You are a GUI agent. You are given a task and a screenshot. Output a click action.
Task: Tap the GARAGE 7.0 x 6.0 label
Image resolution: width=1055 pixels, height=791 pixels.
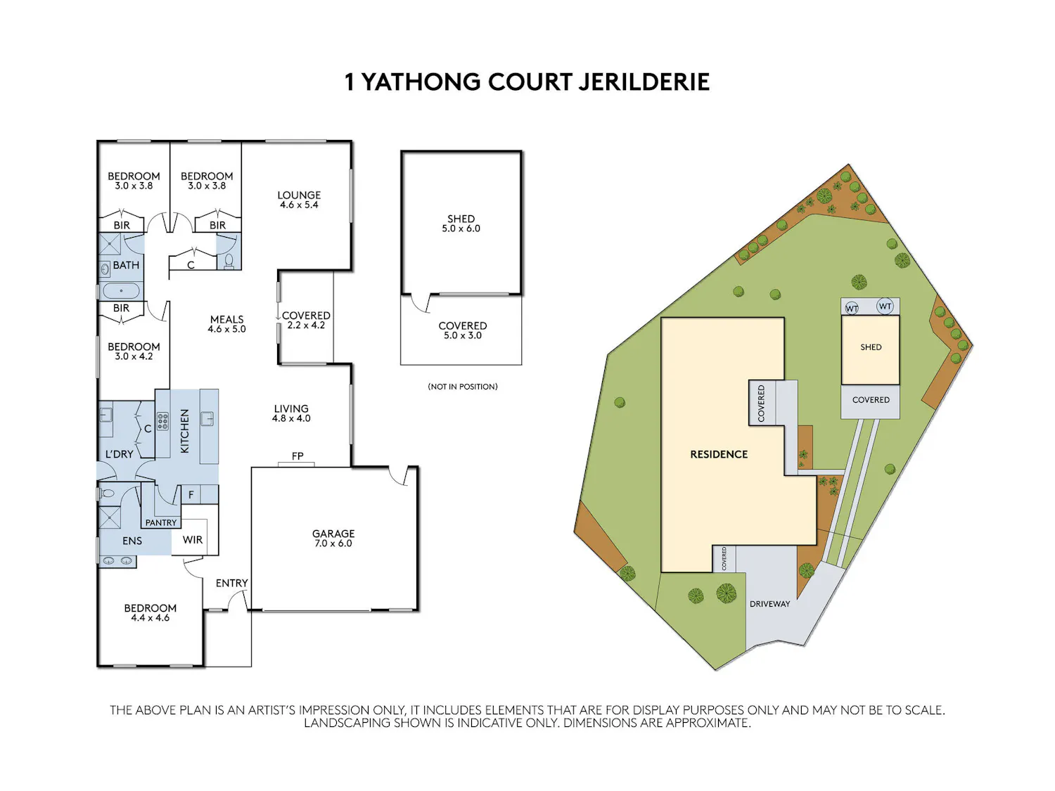click(x=333, y=539)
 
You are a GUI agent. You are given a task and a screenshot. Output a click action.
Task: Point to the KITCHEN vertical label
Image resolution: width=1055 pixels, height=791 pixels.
click(x=184, y=431)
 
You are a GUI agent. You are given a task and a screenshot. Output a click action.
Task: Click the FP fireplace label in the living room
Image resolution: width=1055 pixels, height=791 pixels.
click(x=298, y=456)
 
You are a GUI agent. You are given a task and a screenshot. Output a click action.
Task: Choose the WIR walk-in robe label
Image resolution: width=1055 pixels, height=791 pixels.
click(x=193, y=540)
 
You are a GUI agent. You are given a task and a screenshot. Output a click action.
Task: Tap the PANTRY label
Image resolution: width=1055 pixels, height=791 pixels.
click(x=161, y=522)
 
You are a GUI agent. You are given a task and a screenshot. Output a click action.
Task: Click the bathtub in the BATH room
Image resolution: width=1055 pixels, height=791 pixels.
click(x=121, y=290)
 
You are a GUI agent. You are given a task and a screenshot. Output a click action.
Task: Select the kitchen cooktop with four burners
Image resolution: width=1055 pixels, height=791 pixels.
click(x=162, y=420)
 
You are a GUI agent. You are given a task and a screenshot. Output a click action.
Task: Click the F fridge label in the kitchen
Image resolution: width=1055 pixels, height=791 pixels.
click(x=191, y=494)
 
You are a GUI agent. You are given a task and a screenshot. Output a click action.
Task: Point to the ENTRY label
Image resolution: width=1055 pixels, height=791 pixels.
click(x=231, y=583)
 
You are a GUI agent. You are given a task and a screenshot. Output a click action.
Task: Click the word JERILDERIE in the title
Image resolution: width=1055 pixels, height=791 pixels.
click(x=644, y=82)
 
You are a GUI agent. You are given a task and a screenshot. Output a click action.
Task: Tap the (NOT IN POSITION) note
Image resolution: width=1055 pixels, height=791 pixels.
click(x=462, y=387)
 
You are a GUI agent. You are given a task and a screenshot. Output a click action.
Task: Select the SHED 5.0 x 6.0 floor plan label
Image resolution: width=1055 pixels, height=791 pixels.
click(x=461, y=224)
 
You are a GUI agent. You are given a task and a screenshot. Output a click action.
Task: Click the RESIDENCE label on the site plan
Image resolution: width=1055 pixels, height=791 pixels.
click(x=719, y=454)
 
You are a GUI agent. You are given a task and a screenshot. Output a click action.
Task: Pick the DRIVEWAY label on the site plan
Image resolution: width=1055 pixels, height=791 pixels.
click(x=769, y=604)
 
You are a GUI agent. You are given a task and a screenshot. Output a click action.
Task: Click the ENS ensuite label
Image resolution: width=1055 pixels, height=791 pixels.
click(x=132, y=541)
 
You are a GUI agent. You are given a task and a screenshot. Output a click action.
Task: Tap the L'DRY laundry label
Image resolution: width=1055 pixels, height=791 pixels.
click(x=119, y=454)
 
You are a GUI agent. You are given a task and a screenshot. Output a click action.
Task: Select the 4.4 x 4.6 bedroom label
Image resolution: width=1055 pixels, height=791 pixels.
click(x=150, y=617)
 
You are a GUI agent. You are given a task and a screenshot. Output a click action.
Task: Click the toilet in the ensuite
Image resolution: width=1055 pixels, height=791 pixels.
click(x=107, y=494)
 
